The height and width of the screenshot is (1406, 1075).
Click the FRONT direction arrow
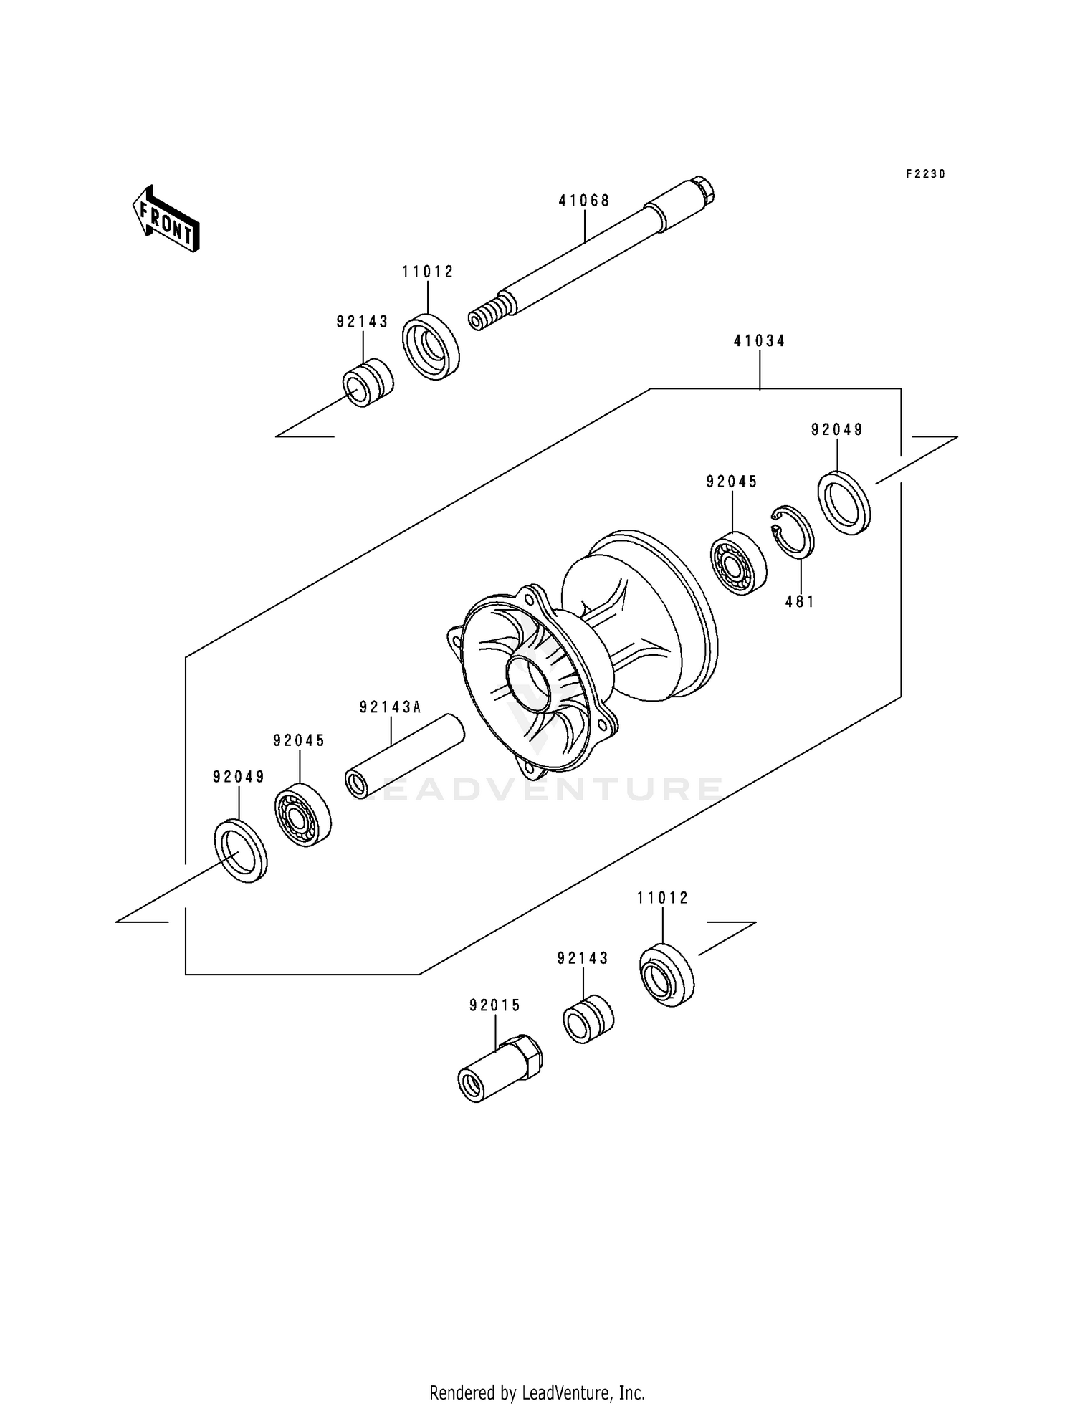pos(165,219)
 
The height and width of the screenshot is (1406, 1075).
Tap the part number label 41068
pos(584,201)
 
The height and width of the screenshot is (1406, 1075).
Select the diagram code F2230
pos(925,174)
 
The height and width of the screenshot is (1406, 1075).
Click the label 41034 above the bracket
pos(759,341)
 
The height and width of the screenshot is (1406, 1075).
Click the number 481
pos(800,602)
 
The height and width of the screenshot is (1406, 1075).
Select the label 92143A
pos(390,708)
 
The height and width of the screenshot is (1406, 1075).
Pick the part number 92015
pos(494,1006)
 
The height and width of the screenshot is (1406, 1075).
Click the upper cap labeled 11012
pos(430,347)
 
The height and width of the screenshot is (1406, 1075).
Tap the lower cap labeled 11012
pos(666,975)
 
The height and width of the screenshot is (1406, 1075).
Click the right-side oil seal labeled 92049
pos(844,503)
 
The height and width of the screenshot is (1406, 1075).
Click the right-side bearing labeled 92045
pos(738,563)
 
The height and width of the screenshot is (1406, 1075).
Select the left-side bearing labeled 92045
pos(302,815)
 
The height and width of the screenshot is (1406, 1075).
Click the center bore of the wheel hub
pos(529,680)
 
